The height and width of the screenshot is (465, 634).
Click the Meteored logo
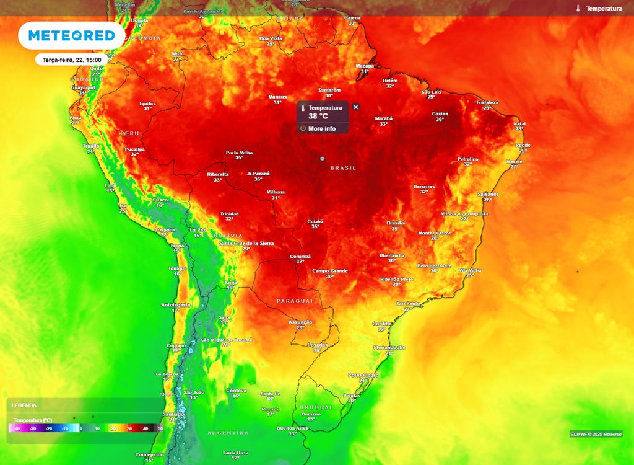point(71,36)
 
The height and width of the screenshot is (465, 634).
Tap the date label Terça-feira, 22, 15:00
point(72,60)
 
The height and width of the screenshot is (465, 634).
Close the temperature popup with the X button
point(355,107)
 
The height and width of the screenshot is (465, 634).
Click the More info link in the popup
point(321,129)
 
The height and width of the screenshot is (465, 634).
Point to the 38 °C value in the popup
point(318,116)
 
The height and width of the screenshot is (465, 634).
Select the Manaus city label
point(277,97)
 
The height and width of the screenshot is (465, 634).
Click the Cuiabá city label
point(315,221)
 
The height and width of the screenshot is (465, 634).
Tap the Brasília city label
point(396,223)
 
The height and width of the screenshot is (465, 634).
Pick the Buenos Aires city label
point(292,428)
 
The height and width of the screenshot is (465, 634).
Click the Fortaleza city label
point(487,102)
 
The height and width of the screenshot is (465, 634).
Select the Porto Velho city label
point(239,153)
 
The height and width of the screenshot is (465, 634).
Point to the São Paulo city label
point(408,303)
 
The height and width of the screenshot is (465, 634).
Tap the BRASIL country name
point(343,168)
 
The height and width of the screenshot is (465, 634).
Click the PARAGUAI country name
point(295,301)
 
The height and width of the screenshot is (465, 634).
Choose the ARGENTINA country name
point(228,433)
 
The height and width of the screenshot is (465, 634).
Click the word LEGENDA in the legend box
point(24,405)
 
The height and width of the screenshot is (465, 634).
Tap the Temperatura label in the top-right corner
point(604,9)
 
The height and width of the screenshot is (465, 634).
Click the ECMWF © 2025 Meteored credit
point(596,434)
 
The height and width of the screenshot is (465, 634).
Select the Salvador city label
point(488,194)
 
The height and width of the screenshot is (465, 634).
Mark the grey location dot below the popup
point(322,159)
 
